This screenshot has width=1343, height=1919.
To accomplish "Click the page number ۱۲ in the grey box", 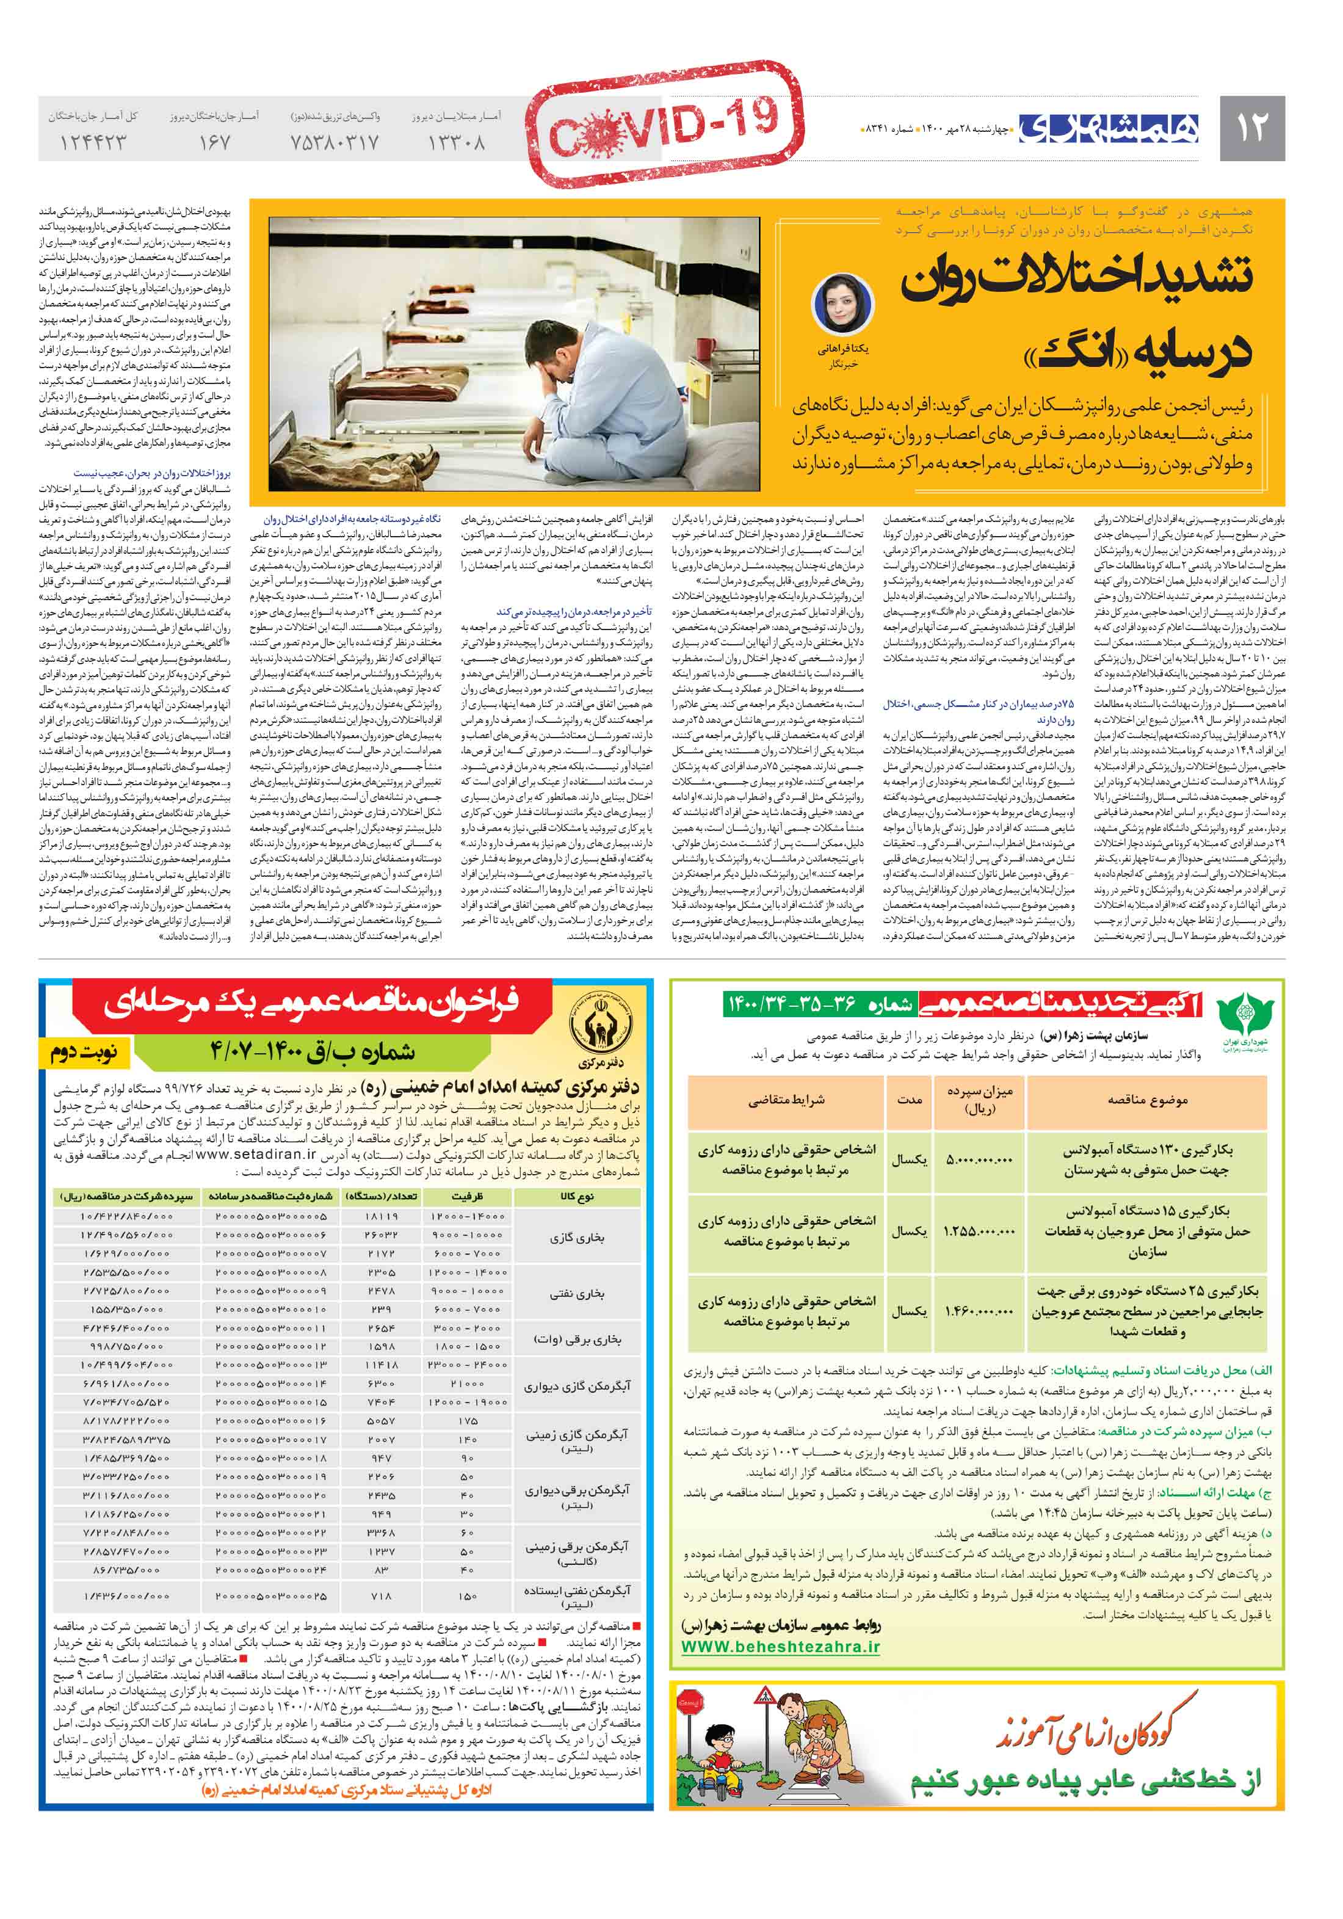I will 1251,128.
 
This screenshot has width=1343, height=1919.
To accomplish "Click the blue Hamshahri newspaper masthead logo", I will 1108,128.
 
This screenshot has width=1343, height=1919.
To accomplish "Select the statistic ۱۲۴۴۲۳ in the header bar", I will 93,143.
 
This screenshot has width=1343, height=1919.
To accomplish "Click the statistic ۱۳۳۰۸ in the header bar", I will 456,143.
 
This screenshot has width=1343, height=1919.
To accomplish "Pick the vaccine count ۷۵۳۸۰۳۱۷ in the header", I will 335,143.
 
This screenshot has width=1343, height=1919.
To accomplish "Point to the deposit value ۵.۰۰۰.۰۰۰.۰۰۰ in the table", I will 979,1160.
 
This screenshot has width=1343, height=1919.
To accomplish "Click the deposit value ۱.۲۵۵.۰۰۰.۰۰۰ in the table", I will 979,1231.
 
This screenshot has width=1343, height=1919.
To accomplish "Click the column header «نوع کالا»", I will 577,1196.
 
